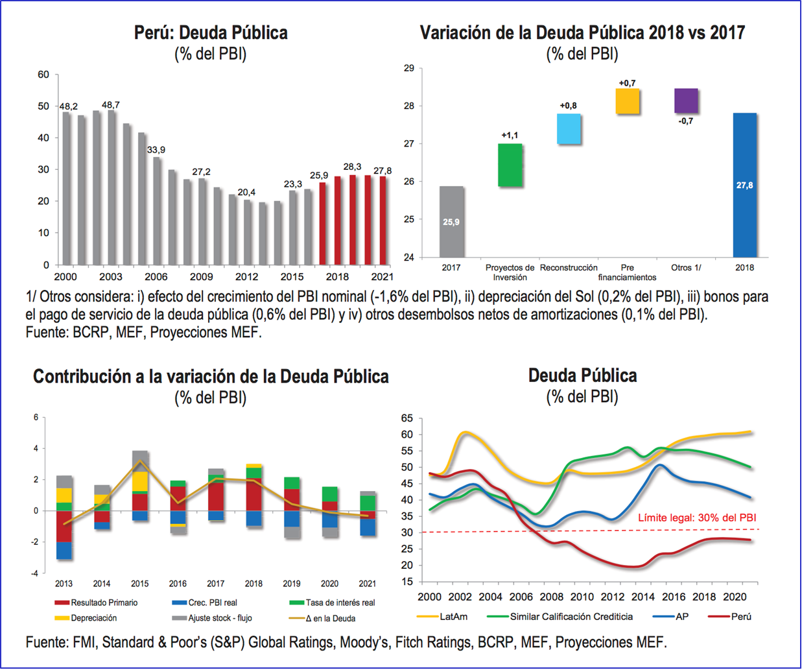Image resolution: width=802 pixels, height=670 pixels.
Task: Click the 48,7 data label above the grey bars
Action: pos(111,105)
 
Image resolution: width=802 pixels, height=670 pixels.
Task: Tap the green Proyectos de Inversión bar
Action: pos(510,165)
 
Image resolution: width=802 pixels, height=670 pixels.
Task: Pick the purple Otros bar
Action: pos(686,101)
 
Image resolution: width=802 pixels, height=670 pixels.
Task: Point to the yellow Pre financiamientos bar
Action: pos(627,101)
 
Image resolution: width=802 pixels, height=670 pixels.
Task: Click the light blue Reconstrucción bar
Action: pos(569,129)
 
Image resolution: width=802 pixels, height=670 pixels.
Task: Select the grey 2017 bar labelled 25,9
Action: pos(451,222)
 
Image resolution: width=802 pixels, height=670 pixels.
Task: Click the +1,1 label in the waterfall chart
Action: pos(510,136)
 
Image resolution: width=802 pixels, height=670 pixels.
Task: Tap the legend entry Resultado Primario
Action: pos(104,603)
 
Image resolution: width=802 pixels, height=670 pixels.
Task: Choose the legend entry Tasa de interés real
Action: pos(340,603)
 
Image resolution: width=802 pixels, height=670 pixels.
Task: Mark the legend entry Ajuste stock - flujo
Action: pos(220,618)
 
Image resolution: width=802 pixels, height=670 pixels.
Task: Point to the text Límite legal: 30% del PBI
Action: pos(697,518)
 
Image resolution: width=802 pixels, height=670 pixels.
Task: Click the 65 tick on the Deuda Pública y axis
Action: pos(407,418)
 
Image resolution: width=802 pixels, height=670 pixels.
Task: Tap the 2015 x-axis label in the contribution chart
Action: pos(140,584)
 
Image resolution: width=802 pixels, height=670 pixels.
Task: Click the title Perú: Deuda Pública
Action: pos(211,33)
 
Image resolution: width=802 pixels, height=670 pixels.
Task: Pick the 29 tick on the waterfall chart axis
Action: pos(408,68)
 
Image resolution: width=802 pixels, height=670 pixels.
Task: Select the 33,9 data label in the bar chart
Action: pos(156,150)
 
